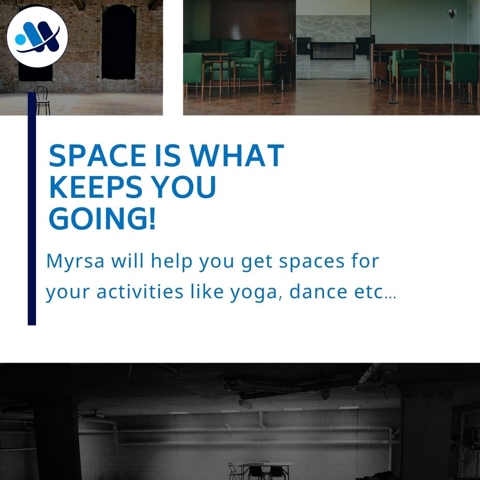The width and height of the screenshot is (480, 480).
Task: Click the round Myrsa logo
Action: click(x=37, y=37)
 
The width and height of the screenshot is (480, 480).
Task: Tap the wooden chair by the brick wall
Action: click(x=42, y=101)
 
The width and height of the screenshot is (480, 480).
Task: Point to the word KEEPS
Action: click(x=93, y=187)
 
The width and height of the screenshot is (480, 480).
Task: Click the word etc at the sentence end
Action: click(x=372, y=292)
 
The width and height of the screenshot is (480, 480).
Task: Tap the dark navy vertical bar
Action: click(x=32, y=209)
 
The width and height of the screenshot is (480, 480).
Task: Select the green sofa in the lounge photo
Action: click(x=236, y=53)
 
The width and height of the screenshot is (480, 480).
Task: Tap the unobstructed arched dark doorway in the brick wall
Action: click(x=119, y=42)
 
